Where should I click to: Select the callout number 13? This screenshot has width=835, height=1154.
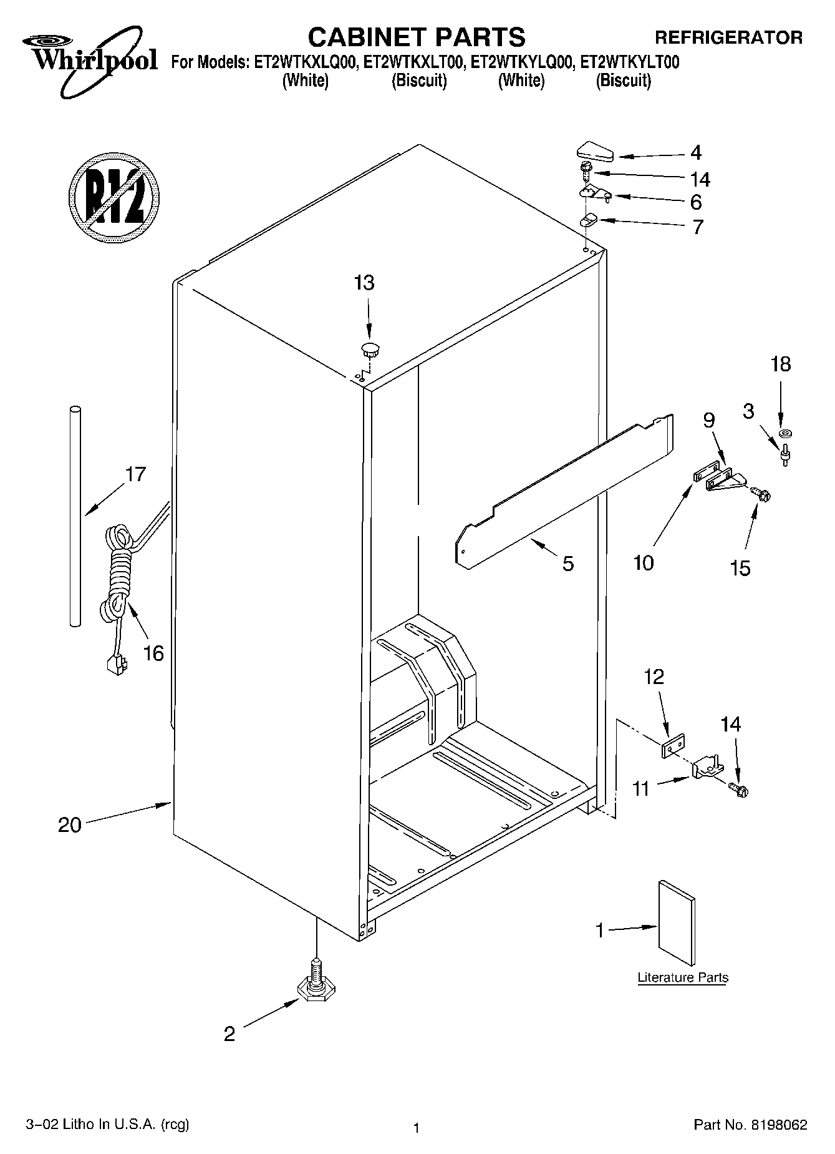click(x=364, y=283)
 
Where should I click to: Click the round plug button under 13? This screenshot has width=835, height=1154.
click(x=370, y=348)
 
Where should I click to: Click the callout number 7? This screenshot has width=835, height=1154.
click(x=697, y=226)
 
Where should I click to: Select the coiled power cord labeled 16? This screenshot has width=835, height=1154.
click(x=118, y=571)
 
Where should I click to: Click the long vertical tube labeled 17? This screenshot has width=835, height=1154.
click(x=75, y=515)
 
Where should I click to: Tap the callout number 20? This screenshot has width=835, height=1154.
click(x=70, y=825)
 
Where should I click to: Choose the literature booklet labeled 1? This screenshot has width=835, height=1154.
click(x=677, y=922)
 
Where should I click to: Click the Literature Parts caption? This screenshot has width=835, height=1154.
click(x=683, y=977)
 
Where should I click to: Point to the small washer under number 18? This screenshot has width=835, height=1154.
click(x=784, y=433)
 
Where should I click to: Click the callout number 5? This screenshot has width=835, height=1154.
click(x=568, y=563)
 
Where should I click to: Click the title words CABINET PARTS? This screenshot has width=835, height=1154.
click(x=417, y=37)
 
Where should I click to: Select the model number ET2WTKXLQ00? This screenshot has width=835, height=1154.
click(x=303, y=62)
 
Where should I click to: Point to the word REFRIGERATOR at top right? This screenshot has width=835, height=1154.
click(x=728, y=37)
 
